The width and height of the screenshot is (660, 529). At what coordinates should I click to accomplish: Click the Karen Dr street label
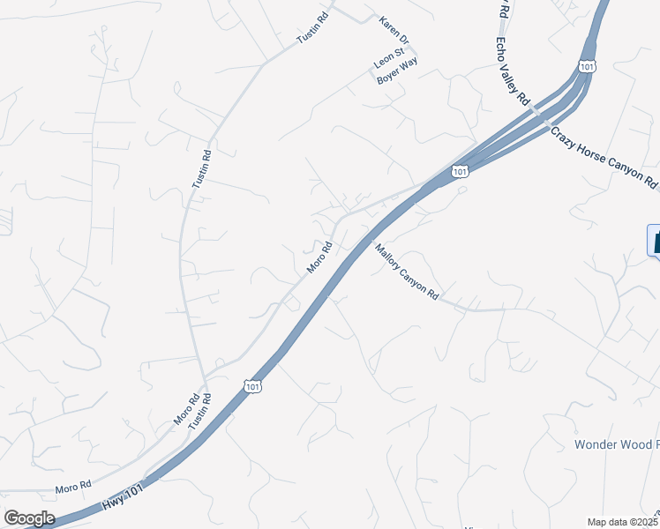click(394, 31)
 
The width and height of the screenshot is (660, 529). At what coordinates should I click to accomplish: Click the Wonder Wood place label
click(616, 444)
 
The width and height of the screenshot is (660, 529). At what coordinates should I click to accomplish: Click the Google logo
click(28, 518)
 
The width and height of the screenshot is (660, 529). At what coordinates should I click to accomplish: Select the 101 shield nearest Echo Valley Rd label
click(588, 65)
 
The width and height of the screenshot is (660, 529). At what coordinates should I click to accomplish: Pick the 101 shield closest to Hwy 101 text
click(252, 387)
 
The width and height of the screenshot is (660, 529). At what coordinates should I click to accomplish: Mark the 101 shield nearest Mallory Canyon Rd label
click(460, 171)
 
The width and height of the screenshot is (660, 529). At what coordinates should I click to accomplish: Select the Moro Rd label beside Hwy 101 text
click(73, 486)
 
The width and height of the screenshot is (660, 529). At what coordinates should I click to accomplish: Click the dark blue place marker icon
click(655, 241)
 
